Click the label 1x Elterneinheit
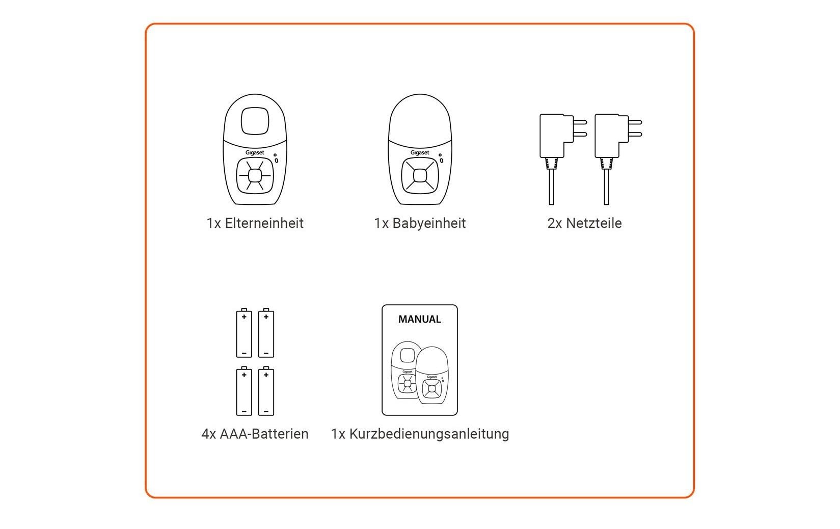tap(255, 223)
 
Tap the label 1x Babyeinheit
tap(420, 223)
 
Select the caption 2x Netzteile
tap(584, 223)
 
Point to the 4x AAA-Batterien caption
tap(255, 434)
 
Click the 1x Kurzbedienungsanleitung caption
tap(420, 434)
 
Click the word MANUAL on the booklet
tap(419, 320)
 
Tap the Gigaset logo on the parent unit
tap(255, 152)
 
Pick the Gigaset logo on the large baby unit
tap(420, 152)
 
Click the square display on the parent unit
tap(255, 121)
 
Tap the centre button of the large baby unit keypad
tap(420, 175)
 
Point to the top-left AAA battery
tap(244, 334)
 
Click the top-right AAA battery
tap(266, 334)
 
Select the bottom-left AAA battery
tap(244, 392)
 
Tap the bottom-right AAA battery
tap(266, 392)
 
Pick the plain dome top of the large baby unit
tap(420, 117)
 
